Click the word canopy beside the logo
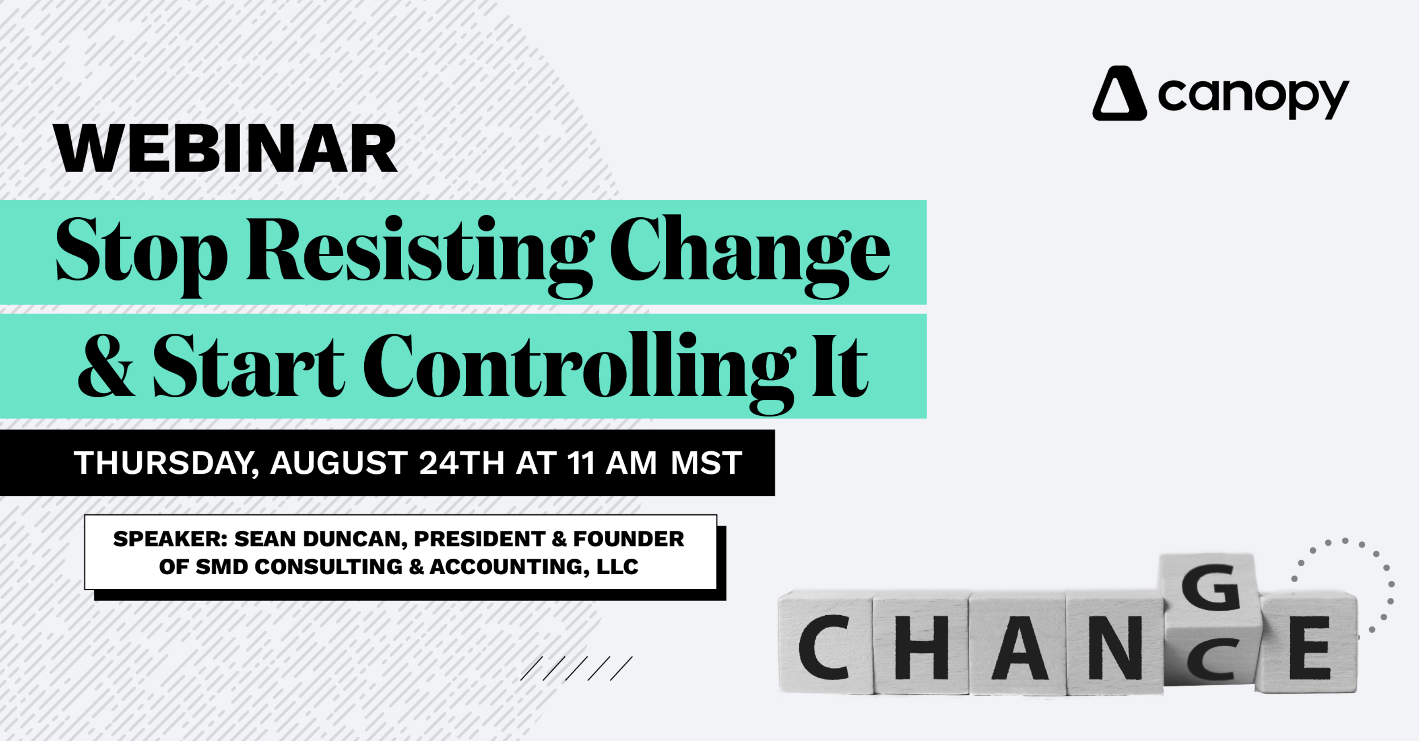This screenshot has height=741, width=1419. tap(1253, 97)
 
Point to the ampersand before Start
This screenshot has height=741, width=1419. tap(106, 367)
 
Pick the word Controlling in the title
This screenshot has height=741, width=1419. tap(578, 368)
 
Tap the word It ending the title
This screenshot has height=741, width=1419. tap(840, 367)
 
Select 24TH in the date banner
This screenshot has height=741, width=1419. tap(461, 463)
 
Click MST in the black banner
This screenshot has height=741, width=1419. tap(706, 463)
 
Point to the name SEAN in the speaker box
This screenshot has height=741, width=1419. tap(265, 539)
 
